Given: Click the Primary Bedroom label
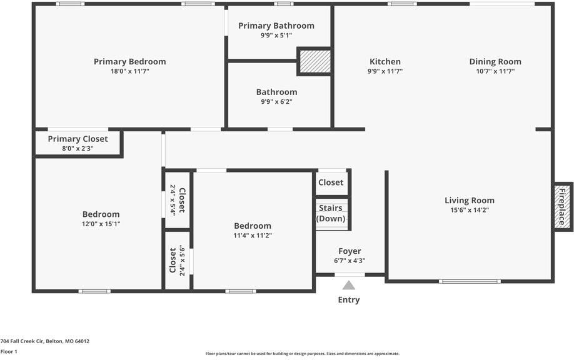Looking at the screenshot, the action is click(x=129, y=61).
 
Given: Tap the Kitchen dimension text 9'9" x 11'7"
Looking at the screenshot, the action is click(x=385, y=71).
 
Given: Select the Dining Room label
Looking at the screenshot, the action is click(x=495, y=61).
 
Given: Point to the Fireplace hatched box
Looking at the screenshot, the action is click(x=562, y=207).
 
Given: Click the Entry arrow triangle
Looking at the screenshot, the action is click(x=349, y=285).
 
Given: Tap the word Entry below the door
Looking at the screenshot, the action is click(x=349, y=299).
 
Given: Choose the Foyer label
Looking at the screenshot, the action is click(x=350, y=251).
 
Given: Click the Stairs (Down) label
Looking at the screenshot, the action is click(x=331, y=213).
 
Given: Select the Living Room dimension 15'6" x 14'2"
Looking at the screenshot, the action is click(x=470, y=210).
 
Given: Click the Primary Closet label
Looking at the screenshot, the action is click(x=78, y=139).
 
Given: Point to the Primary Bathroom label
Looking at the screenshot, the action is click(x=276, y=26).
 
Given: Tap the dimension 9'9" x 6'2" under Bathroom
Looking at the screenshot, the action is click(x=276, y=102).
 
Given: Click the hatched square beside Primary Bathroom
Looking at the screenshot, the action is click(x=315, y=61).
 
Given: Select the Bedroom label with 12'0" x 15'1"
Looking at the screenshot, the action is click(x=101, y=214).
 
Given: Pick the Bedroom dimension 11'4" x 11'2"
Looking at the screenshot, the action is click(x=253, y=236).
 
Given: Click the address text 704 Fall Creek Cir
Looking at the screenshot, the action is click(x=23, y=341).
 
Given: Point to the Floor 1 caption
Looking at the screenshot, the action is click(x=9, y=352).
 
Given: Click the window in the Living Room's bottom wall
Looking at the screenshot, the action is click(x=470, y=281).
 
